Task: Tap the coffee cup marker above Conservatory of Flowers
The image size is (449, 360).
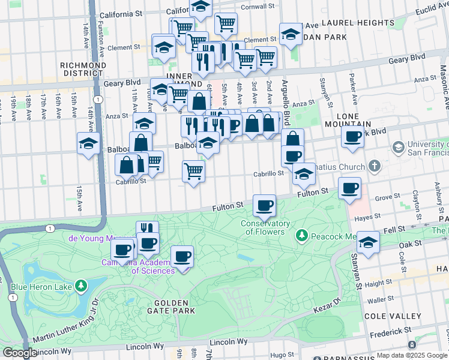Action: coord(264,207)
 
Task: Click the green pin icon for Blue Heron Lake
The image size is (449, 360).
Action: coord(80,286)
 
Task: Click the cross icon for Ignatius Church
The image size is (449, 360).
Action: coord(374,166)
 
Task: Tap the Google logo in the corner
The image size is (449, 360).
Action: coord(20,353)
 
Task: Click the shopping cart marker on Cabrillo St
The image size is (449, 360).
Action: coord(193,172)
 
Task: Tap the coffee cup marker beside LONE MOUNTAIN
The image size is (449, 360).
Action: coord(352,137)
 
